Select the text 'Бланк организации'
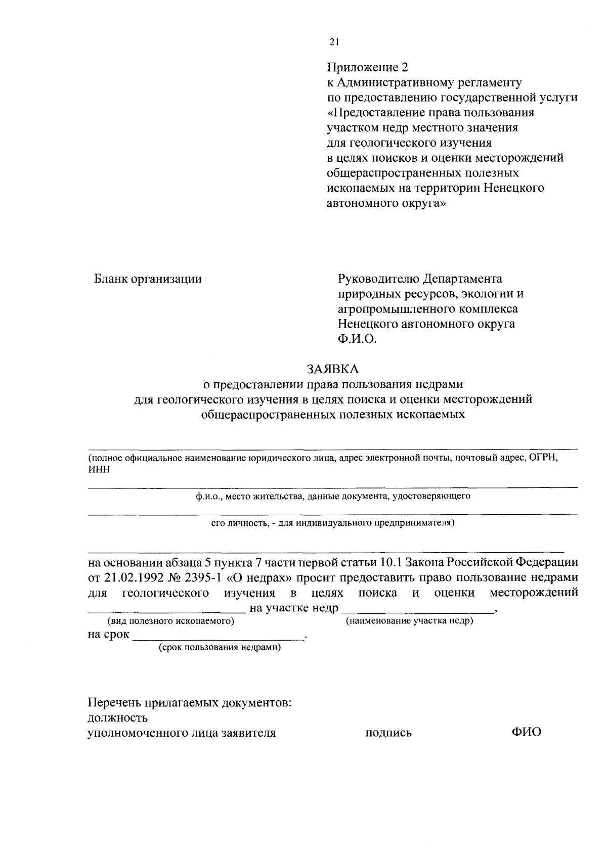click(148, 279)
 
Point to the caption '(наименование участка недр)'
click(409, 620)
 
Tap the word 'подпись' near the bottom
click(388, 733)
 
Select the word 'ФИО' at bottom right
click(526, 732)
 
